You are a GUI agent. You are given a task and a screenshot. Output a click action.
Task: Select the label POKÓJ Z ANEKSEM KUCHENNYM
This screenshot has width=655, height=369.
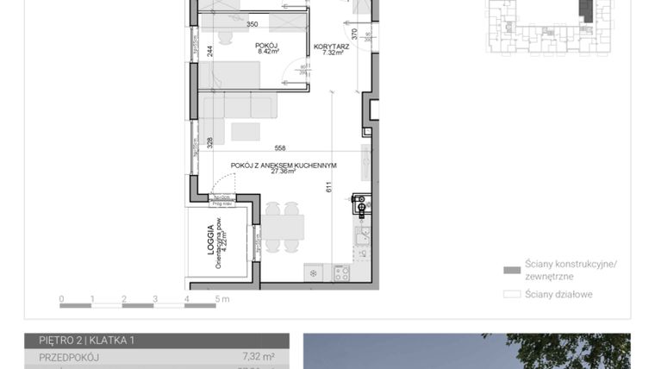[283, 165]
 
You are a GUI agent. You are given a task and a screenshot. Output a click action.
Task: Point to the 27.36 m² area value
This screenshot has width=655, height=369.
[283, 172]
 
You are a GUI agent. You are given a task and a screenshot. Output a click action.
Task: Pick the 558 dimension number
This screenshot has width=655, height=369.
[280, 147]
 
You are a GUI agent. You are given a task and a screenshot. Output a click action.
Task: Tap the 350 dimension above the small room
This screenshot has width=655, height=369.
[253, 24]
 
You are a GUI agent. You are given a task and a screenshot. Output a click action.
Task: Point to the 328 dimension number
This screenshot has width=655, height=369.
[209, 143]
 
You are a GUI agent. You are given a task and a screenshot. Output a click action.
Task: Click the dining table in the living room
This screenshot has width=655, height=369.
[283, 227]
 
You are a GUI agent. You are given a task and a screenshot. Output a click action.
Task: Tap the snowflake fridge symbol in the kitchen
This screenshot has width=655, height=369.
[313, 273]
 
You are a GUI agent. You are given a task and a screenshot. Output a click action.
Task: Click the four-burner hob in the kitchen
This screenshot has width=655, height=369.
[341, 273]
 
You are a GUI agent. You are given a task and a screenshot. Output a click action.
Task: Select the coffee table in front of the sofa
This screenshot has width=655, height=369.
[246, 131]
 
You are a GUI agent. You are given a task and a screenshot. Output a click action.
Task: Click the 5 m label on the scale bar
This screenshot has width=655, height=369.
[222, 300]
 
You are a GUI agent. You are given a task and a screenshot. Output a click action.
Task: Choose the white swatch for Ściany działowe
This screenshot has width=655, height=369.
[511, 294]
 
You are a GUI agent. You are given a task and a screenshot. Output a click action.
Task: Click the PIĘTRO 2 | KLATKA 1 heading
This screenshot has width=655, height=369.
[86, 341]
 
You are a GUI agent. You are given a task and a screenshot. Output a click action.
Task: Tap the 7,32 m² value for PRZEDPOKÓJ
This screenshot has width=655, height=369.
[259, 356]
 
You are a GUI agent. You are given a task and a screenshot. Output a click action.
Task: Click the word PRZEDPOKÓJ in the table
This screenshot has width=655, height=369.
[70, 356]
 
